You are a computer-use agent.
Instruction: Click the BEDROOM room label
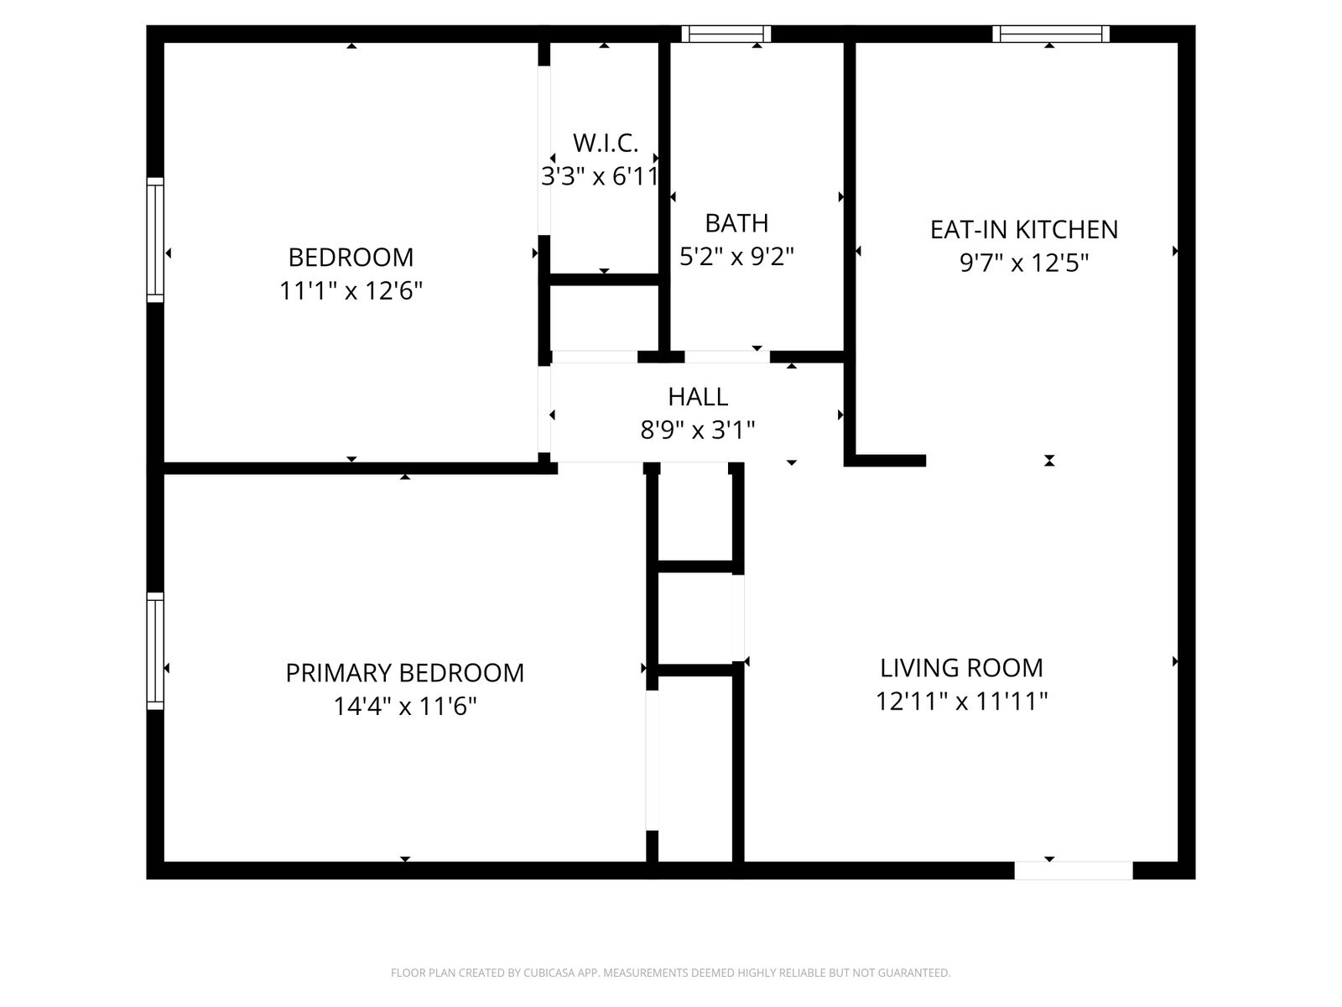[351, 258]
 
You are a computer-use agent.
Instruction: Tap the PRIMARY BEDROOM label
[405, 673]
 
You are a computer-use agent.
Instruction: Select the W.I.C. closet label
[606, 143]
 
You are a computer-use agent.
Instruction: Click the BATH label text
[736, 223]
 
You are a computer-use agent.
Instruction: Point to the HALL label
[698, 397]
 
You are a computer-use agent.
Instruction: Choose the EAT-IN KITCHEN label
[1024, 230]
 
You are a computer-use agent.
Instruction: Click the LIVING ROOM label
[962, 668]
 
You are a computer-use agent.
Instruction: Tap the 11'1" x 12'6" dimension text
[351, 290]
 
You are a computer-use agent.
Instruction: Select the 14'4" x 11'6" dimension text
[405, 707]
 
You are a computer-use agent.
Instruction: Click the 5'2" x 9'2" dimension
[736, 256]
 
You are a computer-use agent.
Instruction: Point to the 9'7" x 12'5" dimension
[1024, 263]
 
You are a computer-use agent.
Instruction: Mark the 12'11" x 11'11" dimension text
[962, 701]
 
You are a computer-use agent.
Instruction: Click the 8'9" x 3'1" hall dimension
[698, 430]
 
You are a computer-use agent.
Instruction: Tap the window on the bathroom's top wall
[726, 34]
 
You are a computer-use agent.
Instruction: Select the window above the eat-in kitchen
[1051, 34]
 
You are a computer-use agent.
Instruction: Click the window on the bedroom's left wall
[155, 240]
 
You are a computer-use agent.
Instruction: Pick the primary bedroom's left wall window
[155, 651]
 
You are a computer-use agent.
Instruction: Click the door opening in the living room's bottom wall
[1074, 871]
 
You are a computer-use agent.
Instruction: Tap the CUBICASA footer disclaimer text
[671, 973]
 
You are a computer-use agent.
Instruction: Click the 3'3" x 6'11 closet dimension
[600, 177]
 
